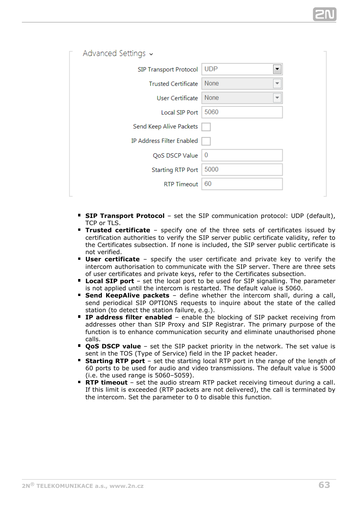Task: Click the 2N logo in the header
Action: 324,14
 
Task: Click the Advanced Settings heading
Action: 114,54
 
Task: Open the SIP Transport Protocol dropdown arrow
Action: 277,69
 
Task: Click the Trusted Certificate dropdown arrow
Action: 277,83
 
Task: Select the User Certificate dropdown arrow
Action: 277,98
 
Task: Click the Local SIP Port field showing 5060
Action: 242,112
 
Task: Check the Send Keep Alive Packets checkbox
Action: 206,127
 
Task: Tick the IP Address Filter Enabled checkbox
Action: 206,141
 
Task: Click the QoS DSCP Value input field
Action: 242,155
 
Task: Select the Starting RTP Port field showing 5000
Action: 242,169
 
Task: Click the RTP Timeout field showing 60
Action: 242,184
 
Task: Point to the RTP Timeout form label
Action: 181,184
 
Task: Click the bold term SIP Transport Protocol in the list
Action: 125,216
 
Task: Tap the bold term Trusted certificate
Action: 117,230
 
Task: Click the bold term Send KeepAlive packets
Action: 127,295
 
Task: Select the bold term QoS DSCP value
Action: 113,346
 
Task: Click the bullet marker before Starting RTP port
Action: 79,360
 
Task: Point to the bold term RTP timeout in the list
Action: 106,382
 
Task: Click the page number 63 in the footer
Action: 324,485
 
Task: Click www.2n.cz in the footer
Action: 126,486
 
